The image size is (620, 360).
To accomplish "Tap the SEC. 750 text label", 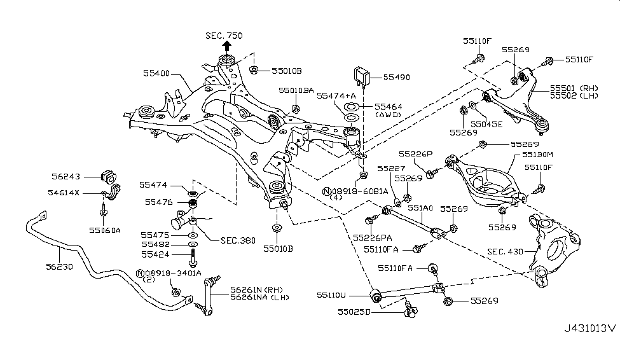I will (x=224, y=35).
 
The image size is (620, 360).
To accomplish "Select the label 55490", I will (x=397, y=77).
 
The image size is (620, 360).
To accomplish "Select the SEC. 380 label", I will (x=237, y=240).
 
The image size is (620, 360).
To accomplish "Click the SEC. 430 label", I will (x=504, y=252).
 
